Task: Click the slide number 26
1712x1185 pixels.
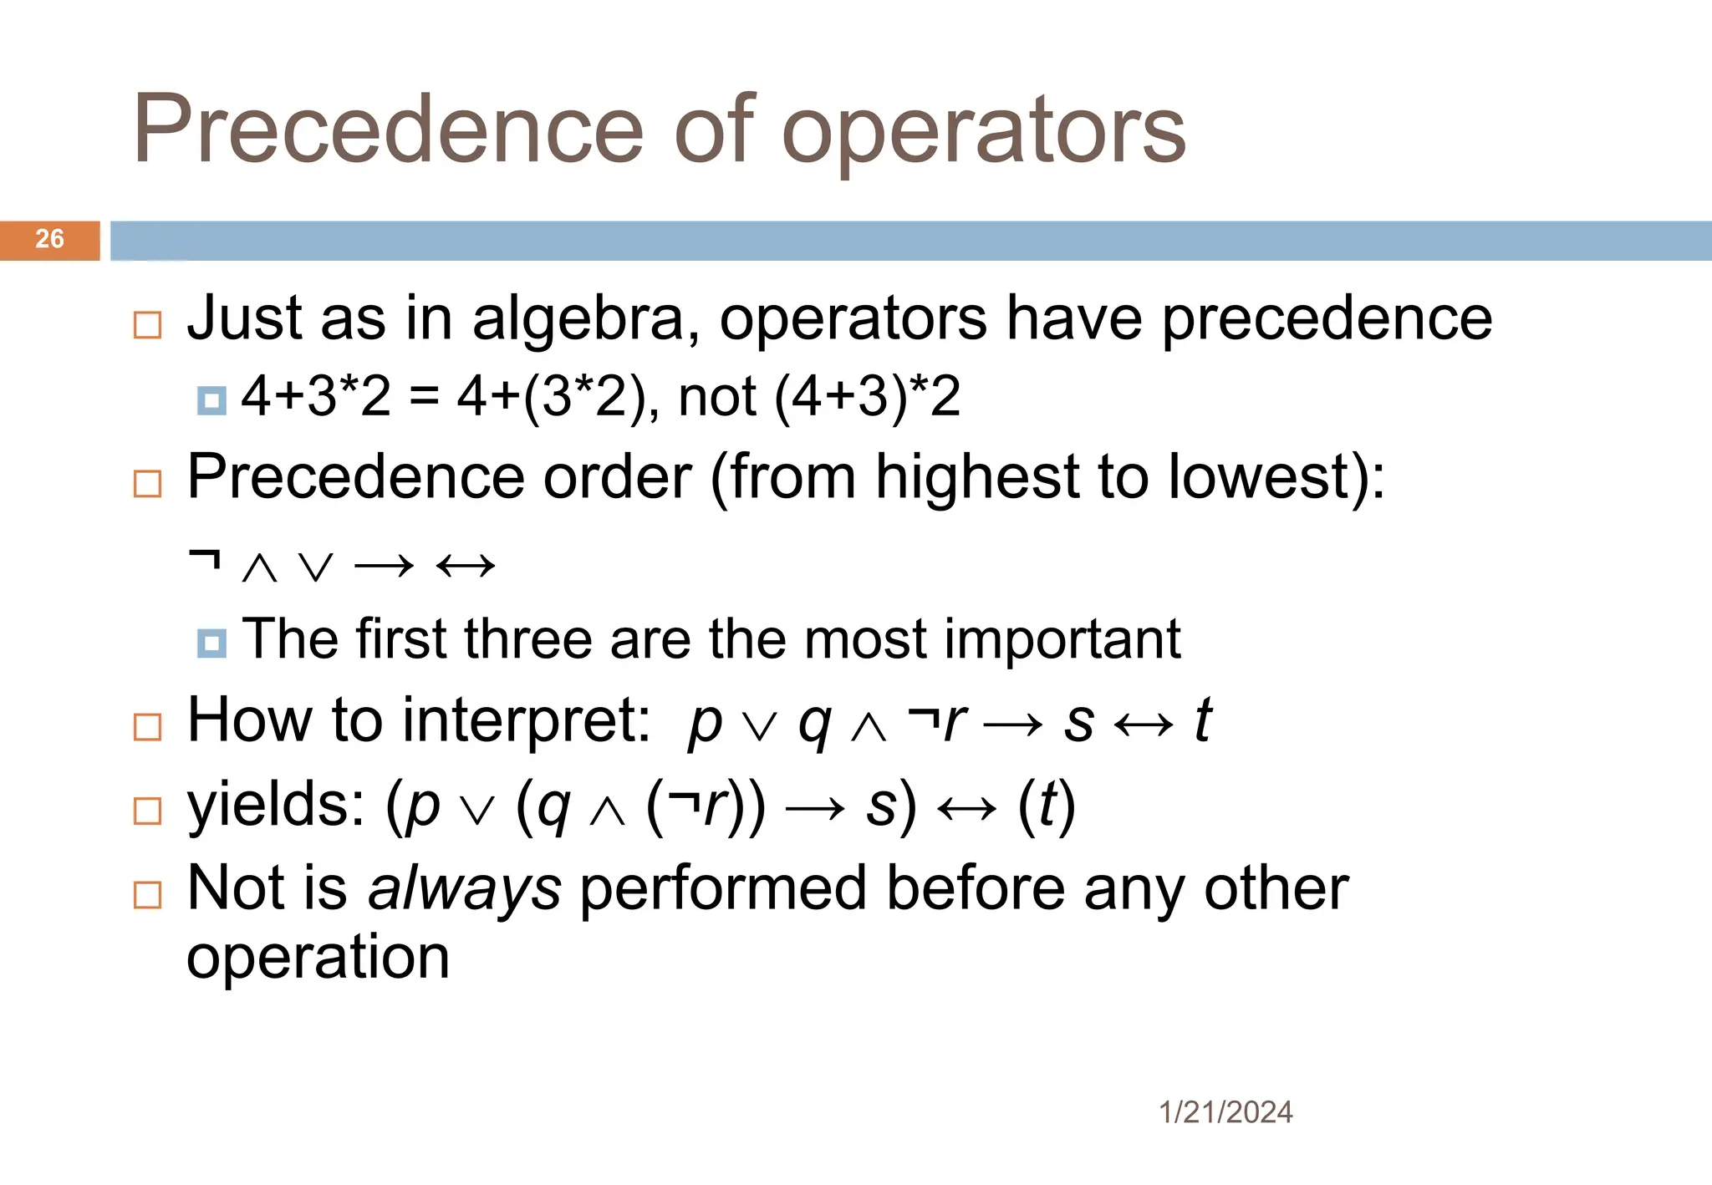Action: (x=49, y=239)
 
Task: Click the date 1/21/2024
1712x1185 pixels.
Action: (x=1225, y=1112)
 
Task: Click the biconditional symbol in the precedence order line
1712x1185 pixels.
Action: (x=466, y=567)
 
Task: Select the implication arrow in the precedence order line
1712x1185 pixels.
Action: (x=384, y=567)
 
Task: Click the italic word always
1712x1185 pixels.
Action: (x=465, y=889)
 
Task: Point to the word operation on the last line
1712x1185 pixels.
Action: (x=318, y=958)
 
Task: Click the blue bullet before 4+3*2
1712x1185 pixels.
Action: (x=211, y=401)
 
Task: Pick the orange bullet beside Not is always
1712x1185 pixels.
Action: (x=148, y=895)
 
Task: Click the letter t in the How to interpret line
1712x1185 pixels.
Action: (x=1203, y=720)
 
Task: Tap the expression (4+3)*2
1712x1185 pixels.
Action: (x=867, y=397)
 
